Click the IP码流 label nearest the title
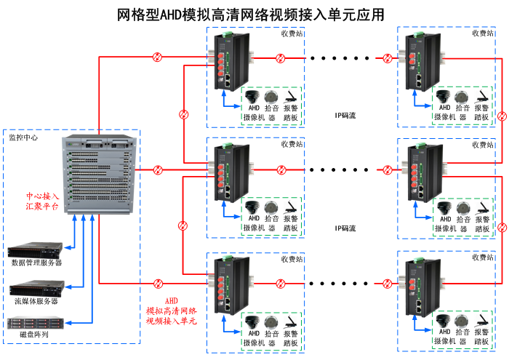click(345, 115)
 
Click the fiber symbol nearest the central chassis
click(158, 170)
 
